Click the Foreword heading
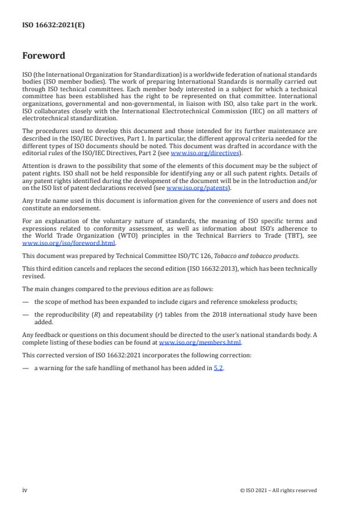(44, 56)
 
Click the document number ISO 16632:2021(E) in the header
(53, 25)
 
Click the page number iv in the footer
(25, 490)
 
